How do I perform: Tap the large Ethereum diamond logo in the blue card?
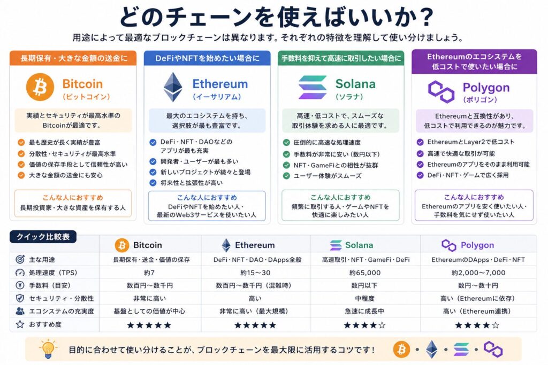pos(172,87)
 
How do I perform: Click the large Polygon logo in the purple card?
pos(442,91)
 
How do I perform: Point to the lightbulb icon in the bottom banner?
pos(49,349)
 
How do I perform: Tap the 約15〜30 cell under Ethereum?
pos(254,273)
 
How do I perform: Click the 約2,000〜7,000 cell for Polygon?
pos(477,273)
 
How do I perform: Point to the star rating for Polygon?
pos(477,324)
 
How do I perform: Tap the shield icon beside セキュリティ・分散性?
pos(20,298)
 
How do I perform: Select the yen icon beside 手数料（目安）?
pos(20,285)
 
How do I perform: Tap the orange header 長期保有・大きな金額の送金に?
pos(73,58)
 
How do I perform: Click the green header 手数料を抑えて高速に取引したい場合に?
pos(341,58)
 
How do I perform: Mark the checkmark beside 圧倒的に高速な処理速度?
pos(286,143)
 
